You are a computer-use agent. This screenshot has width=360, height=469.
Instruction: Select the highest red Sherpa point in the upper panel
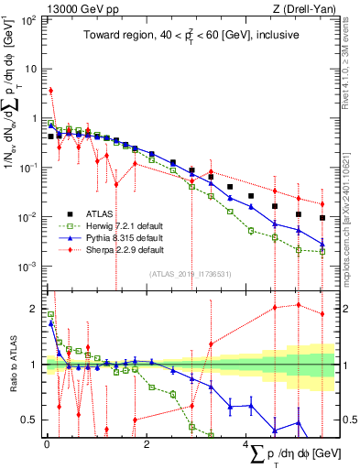coord(51,91)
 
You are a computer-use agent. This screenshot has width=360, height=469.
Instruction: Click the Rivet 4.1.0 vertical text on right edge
coord(352,73)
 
